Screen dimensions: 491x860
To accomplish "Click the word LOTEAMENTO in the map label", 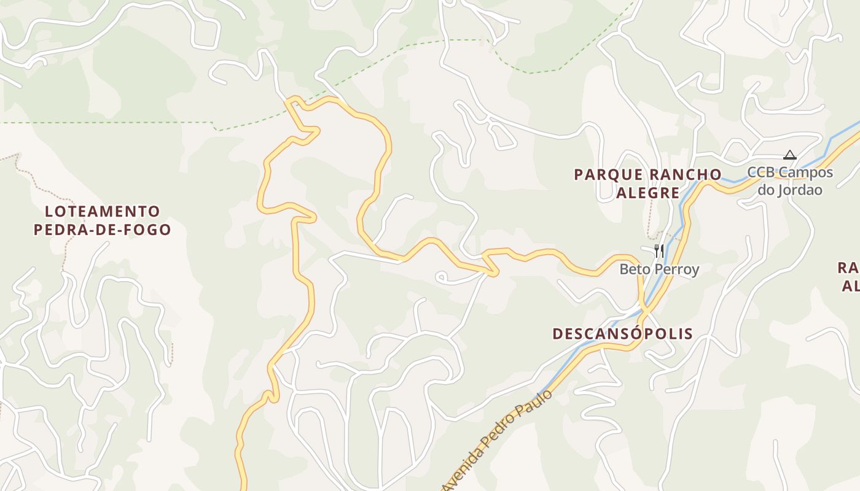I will pos(103,212).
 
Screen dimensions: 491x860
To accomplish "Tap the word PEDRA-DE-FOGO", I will pos(103,230).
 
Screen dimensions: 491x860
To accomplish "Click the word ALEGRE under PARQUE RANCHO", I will pos(647,193).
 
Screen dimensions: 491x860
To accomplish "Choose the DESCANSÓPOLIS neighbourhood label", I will pos(623,334).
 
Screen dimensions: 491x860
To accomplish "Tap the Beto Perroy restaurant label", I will pos(659,269).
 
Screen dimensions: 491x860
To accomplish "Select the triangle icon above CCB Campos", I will pos(790,155).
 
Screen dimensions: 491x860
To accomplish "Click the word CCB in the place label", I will pos(761,172).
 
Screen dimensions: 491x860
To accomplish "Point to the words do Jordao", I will pos(789,190).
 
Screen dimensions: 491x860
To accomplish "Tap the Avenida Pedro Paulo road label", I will pos(496,441).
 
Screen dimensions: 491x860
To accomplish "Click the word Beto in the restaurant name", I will pos(633,269).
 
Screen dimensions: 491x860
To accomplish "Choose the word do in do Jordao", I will pos(766,190).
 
